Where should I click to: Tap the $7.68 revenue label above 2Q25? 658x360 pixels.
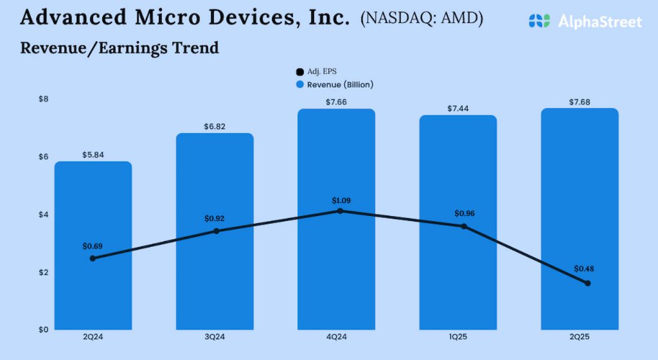point(580,102)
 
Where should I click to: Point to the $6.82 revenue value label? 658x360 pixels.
point(215,127)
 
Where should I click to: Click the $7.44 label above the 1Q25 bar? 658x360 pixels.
point(458,109)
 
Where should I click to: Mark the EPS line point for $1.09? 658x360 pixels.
point(340,211)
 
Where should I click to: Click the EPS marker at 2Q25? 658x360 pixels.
point(587,283)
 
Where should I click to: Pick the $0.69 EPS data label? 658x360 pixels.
point(93,246)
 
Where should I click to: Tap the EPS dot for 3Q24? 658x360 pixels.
point(216,231)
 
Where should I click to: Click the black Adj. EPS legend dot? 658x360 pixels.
point(299,72)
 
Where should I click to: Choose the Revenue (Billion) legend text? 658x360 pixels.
point(340,84)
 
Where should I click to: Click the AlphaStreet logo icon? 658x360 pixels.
point(539,21)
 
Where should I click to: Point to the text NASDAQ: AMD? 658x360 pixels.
point(422,19)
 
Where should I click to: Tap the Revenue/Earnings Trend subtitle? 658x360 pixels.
point(120,48)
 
